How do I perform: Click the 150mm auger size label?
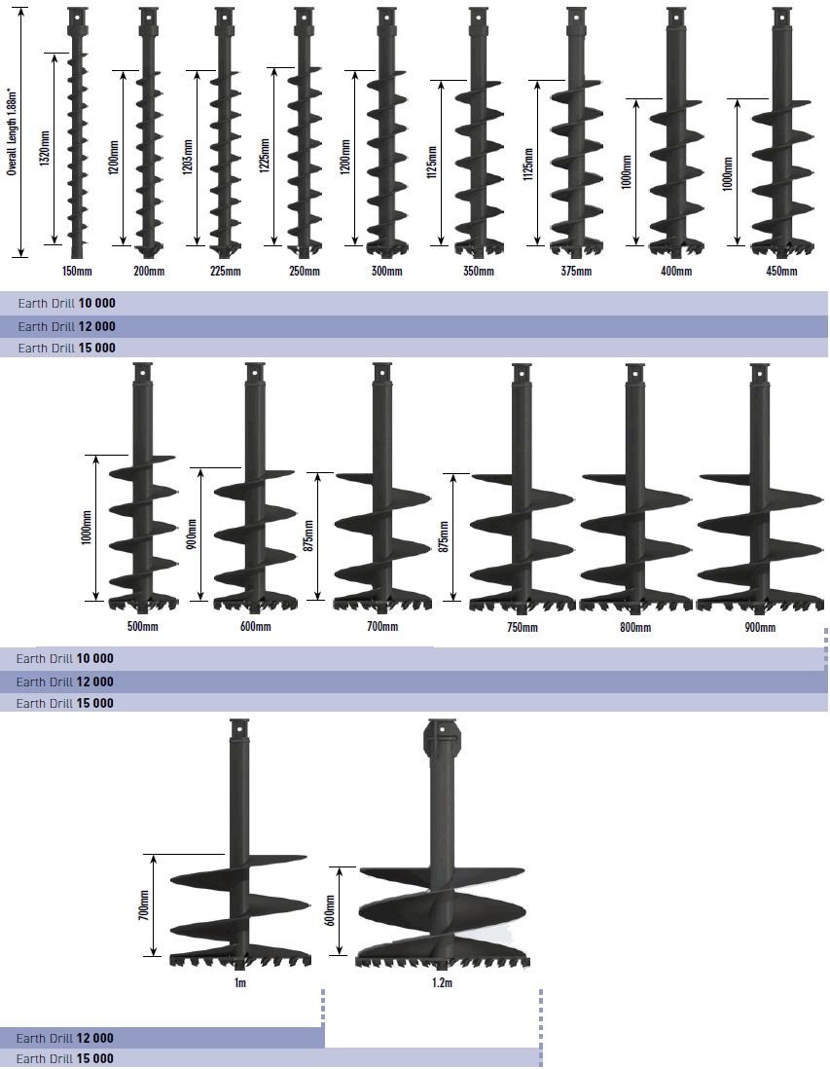coord(77,272)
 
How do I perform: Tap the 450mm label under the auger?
coord(781,272)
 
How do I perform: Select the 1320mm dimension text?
coord(46,149)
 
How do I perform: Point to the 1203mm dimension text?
coord(189,158)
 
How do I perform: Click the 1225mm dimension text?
coord(265,156)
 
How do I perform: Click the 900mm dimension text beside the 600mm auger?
coord(192,534)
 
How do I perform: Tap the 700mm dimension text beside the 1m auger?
coord(144,904)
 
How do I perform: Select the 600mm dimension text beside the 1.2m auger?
coord(330,910)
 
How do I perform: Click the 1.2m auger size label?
coord(442,982)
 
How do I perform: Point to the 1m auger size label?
coord(240,982)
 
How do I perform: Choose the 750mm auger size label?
coord(522,627)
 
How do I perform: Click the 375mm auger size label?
coord(576,272)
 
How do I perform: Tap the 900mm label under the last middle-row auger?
coord(760,627)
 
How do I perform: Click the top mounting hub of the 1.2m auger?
coord(443,738)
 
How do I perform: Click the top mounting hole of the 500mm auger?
coord(142,373)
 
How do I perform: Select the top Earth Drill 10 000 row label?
coord(67,304)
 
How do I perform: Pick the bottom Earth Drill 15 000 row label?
coord(65,1058)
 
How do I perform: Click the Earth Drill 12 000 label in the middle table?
coord(65,682)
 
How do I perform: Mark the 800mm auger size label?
coord(635,627)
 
